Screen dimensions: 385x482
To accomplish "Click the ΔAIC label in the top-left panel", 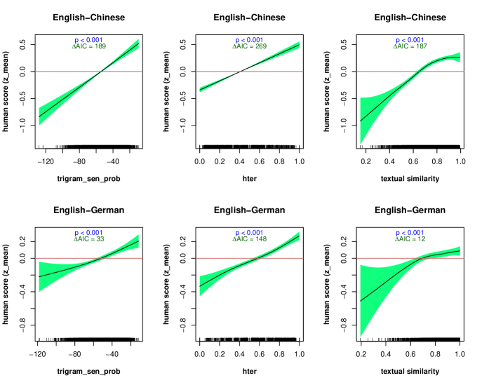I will (88, 47).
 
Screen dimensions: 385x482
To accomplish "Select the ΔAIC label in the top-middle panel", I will (249, 47).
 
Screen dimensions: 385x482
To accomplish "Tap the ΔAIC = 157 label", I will (410, 47).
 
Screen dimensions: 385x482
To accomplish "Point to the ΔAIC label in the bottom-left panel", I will (88, 239).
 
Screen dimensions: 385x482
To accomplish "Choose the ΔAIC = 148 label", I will (249, 239).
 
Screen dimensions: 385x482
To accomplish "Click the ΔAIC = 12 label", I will (410, 239).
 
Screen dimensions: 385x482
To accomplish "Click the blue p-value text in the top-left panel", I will (88, 41).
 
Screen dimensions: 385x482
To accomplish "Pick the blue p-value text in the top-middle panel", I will (249, 41).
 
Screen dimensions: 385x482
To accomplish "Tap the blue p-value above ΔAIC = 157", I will (410, 41).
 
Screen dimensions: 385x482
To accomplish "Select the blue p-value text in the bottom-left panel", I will (88, 233).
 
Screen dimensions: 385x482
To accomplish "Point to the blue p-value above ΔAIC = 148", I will (249, 233).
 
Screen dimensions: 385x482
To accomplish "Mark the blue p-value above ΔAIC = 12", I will (410, 233).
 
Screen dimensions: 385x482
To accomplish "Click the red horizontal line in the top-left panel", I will (56, 72).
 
